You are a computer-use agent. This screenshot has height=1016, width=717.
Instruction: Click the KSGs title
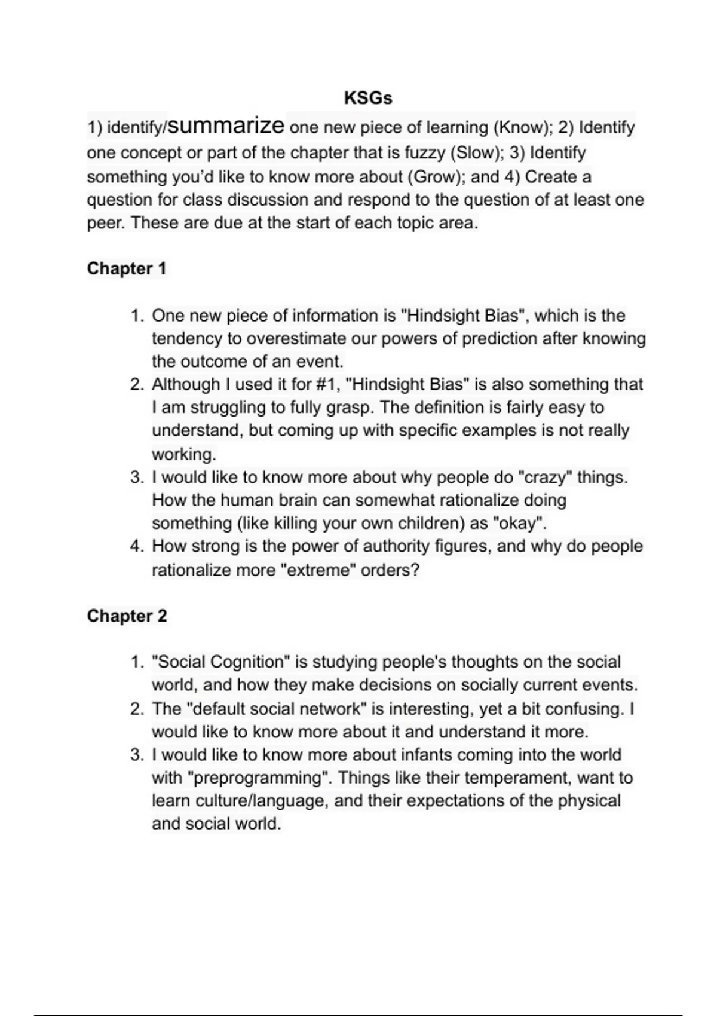tap(368, 98)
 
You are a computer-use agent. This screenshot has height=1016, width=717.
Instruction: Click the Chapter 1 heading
tap(126, 269)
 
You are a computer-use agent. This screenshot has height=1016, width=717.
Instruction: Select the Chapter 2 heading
tap(127, 616)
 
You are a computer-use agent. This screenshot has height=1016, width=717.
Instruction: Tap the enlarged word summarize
tap(226, 126)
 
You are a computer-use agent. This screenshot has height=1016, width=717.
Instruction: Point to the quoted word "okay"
tap(519, 524)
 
